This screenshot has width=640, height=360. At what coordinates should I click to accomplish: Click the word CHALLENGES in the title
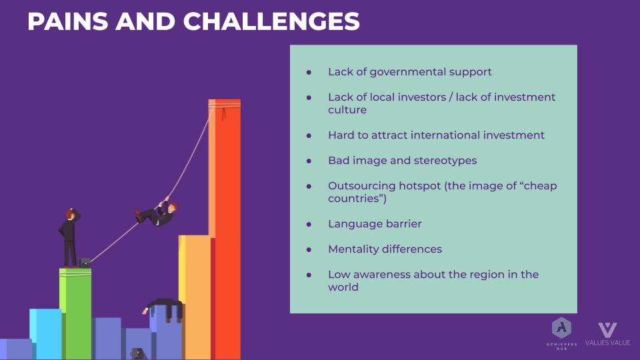[x=271, y=21]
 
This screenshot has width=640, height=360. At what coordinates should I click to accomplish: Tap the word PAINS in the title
[x=68, y=21]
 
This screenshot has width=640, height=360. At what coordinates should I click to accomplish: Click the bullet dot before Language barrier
[x=309, y=224]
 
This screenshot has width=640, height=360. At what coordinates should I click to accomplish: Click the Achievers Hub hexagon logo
[x=561, y=328]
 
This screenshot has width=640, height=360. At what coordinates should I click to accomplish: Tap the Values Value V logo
[x=608, y=330]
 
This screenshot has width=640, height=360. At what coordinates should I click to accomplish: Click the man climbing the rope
[x=156, y=213]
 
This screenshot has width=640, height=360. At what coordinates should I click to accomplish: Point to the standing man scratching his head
[x=69, y=239]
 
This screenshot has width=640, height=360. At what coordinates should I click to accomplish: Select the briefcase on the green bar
[x=85, y=263]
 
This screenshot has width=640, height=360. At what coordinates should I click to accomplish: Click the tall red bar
[x=225, y=229]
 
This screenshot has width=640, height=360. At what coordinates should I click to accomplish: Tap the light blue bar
[x=45, y=334]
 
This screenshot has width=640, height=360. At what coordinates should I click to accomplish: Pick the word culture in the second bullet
[x=347, y=110]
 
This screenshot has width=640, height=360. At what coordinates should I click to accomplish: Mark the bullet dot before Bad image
[x=309, y=161]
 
